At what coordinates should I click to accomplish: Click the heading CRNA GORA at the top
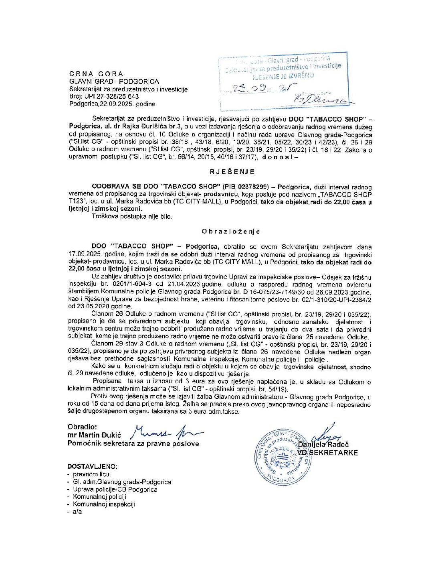96,74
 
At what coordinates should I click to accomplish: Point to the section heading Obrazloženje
231,232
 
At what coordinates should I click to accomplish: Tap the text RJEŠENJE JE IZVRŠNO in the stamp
283,75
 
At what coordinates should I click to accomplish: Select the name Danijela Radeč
323,445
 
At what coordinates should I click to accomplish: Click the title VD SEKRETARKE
327,453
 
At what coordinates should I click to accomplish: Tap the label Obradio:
82,427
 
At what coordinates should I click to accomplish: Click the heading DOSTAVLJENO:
93,467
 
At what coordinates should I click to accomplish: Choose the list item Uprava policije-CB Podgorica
115,490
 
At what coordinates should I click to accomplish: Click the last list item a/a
77,512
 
